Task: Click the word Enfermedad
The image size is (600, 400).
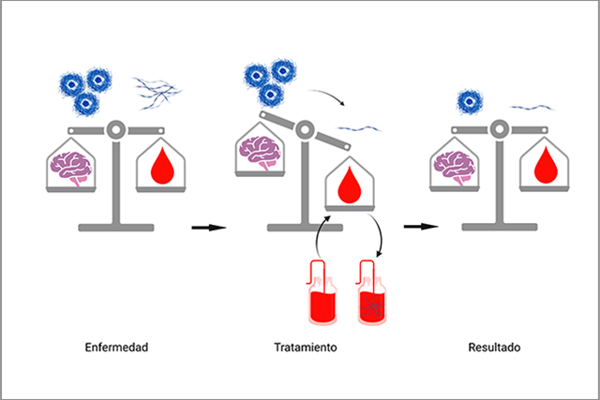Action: (116, 348)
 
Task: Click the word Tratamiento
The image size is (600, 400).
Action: (306, 348)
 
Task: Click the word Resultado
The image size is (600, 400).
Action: (494, 348)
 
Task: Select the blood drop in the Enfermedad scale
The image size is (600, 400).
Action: (162, 166)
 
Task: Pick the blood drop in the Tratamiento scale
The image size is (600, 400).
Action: (350, 185)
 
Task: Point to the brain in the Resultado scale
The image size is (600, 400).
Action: (455, 168)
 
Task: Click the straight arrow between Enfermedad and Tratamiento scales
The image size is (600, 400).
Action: (209, 228)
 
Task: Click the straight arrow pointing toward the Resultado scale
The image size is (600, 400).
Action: (421, 227)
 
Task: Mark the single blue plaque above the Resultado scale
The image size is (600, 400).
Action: (470, 102)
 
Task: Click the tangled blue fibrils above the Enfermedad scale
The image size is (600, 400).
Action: (157, 93)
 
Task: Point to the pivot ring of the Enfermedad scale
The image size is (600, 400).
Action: (116, 130)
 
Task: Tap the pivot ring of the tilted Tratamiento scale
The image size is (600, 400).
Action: (305, 129)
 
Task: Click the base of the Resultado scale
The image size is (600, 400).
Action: (500, 227)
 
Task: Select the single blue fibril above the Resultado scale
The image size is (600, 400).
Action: (532, 108)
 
